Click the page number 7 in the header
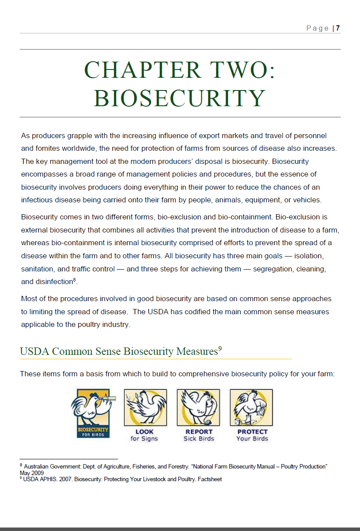pyautogui.click(x=338, y=28)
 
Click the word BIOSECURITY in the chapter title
pyautogui.click(x=180, y=98)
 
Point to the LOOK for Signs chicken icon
pyautogui.click(x=145, y=407)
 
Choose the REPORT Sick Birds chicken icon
pyautogui.click(x=198, y=407)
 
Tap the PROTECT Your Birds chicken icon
pyautogui.click(x=251, y=407)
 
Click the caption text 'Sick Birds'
pyautogui.click(x=199, y=438)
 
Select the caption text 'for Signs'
pyautogui.click(x=144, y=438)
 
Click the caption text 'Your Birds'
pyautogui.click(x=252, y=438)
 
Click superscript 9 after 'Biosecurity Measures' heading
pyautogui.click(x=220, y=348)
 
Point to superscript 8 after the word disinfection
pyautogui.click(x=75, y=279)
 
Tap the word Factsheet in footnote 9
pyautogui.click(x=210, y=479)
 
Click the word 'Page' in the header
pyautogui.click(x=318, y=28)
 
